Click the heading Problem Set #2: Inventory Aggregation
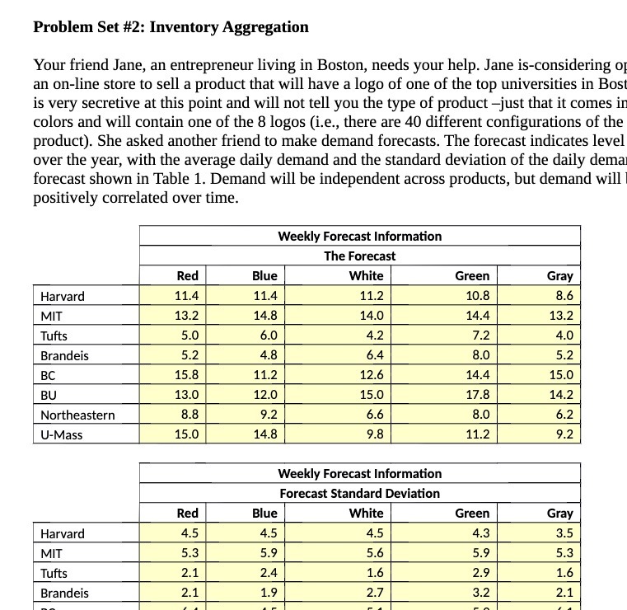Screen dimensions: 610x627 [x=171, y=27]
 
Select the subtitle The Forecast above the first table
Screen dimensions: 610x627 [x=359, y=256]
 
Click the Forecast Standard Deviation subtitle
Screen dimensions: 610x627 [x=359, y=494]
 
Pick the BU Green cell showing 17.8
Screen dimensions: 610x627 [x=477, y=395]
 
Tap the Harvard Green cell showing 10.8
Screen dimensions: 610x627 [x=477, y=296]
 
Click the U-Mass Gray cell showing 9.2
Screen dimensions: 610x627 [x=564, y=434]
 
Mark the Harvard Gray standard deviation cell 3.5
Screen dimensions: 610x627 [x=564, y=533]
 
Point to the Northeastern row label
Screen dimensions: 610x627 [x=77, y=415]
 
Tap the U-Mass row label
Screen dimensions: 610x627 [x=62, y=434]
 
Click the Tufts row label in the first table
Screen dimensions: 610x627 [x=54, y=335]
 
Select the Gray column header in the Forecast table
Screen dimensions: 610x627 [x=559, y=276]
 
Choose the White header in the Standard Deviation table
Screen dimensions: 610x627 [x=366, y=514]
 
